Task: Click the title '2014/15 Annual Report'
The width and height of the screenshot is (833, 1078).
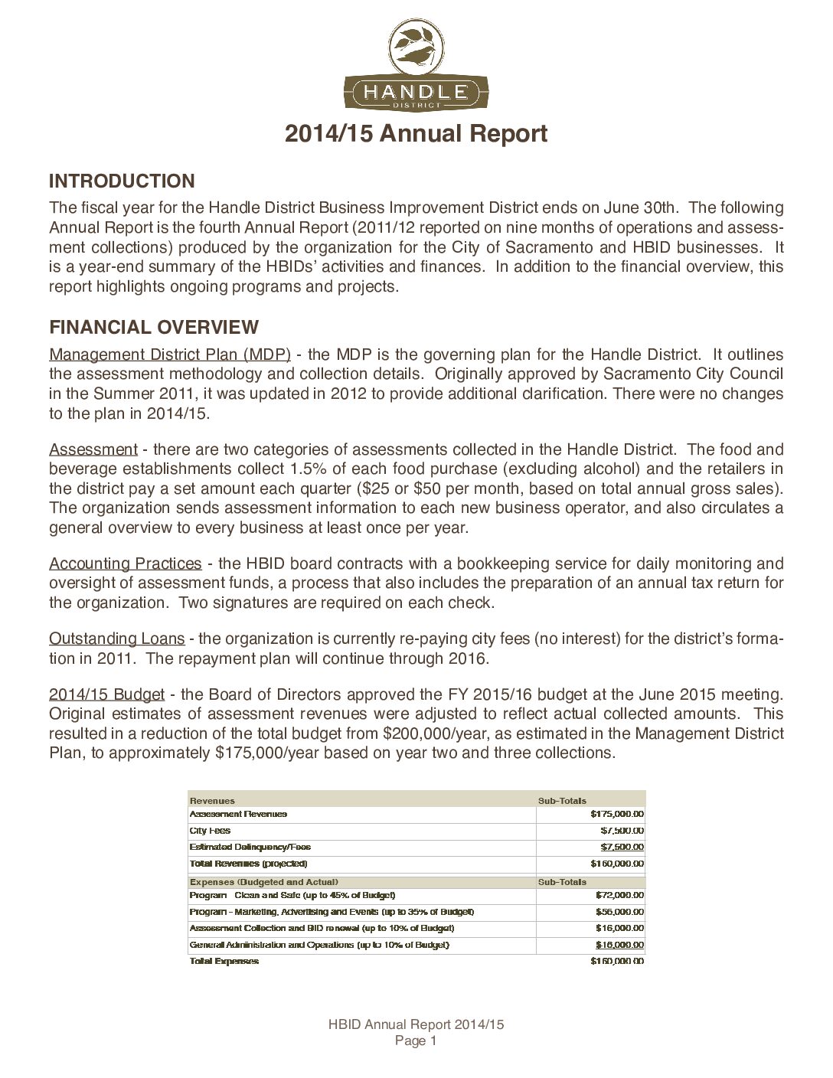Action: pyautogui.click(x=416, y=134)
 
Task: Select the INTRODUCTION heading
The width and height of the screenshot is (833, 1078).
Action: pyautogui.click(x=122, y=181)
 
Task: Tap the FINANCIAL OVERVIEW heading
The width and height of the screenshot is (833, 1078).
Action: pyautogui.click(x=154, y=328)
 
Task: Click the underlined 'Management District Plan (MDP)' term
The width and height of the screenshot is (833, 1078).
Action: pyautogui.click(x=170, y=354)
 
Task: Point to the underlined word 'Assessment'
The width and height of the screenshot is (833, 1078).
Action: pyautogui.click(x=93, y=449)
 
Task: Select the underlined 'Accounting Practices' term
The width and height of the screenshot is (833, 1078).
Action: pyautogui.click(x=126, y=563)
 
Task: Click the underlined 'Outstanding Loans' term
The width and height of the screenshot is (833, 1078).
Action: pyautogui.click(x=116, y=639)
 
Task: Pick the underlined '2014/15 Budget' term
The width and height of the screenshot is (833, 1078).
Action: pyautogui.click(x=107, y=694)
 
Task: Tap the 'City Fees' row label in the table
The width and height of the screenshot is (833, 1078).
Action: pyautogui.click(x=210, y=831)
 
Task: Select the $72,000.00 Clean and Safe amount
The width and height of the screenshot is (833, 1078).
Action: pyautogui.click(x=619, y=895)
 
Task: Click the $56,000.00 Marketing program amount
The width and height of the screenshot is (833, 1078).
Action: pyautogui.click(x=619, y=912)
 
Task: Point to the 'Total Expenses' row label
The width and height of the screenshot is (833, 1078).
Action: pyautogui.click(x=224, y=961)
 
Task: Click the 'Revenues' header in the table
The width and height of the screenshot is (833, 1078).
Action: pyautogui.click(x=212, y=800)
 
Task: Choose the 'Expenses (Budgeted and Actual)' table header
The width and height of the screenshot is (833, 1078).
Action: pyautogui.click(x=264, y=882)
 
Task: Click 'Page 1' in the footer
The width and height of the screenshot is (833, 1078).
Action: pyautogui.click(x=416, y=1040)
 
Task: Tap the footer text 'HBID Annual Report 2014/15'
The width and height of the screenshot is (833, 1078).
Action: pyautogui.click(x=416, y=1024)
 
